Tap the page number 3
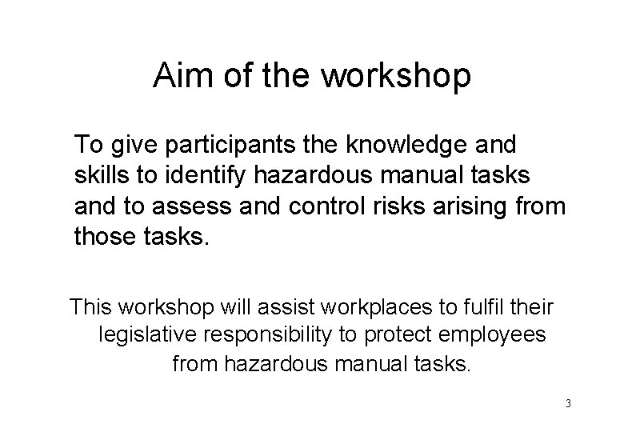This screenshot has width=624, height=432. (x=567, y=403)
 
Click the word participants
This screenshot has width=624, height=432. (x=229, y=146)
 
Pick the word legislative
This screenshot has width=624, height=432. (x=147, y=334)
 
